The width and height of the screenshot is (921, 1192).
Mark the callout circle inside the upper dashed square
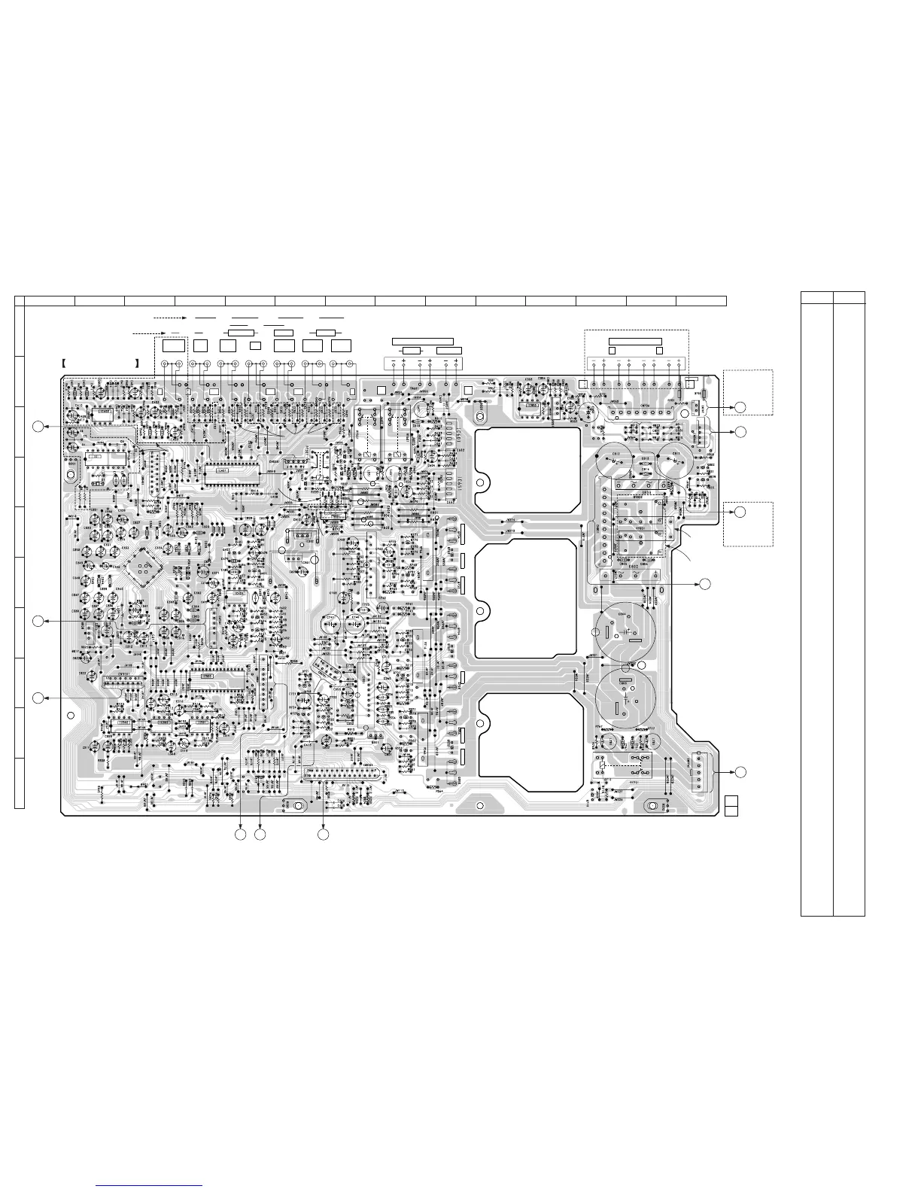point(740,407)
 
